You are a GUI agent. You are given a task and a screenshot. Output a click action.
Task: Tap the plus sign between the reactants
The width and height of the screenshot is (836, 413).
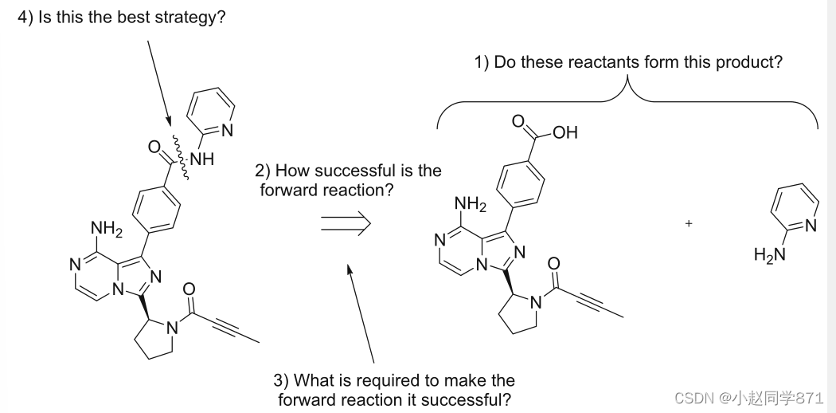coord(689,224)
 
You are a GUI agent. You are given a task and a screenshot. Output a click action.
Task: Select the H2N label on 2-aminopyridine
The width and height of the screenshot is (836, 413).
coord(769,255)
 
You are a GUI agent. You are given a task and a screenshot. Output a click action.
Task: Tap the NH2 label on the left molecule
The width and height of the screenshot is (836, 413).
coord(106,231)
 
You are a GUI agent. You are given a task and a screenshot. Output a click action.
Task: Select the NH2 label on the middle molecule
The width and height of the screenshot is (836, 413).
coord(470,204)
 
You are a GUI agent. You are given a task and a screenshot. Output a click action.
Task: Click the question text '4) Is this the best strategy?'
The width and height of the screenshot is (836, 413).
coord(122,18)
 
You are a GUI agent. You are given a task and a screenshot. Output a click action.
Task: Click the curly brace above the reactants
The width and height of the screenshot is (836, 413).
coord(627,100)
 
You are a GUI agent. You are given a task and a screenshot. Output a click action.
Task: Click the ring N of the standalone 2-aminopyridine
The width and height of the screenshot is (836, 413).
coord(811,226)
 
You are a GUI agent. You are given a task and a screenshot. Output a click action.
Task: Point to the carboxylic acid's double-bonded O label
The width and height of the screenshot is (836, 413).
coord(518,122)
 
